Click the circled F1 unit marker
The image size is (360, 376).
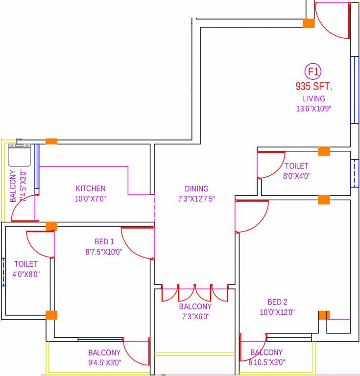313,72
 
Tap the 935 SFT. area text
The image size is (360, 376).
313,87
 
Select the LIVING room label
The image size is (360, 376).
313,98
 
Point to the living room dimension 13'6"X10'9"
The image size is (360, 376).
313,109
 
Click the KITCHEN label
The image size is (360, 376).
91,188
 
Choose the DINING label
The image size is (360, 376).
196,188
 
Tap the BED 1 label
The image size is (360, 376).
104,241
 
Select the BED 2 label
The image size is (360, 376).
277,302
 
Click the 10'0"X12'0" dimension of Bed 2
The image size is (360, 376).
277,312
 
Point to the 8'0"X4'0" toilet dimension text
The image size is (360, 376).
297,176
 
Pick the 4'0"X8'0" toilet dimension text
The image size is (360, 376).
26,274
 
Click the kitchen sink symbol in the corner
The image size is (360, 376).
20,155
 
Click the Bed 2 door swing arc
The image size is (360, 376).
252,215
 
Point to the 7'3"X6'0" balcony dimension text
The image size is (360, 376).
195,317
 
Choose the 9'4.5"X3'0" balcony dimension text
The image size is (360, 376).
104,363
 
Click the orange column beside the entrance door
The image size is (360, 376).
309,23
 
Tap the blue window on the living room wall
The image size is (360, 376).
353,90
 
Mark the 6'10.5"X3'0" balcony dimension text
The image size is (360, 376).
266,363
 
